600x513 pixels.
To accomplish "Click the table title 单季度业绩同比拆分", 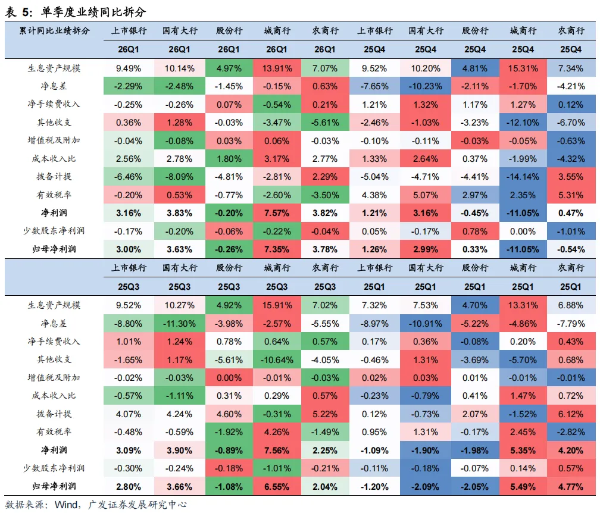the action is [x=93, y=12].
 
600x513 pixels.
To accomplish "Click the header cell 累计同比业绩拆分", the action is [x=54, y=30].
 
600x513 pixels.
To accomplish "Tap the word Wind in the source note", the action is [x=66, y=505].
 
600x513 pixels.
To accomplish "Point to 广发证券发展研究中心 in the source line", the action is [x=137, y=505].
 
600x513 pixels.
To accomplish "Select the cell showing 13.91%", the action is [x=277, y=68].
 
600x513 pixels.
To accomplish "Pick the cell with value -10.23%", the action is [x=425, y=86].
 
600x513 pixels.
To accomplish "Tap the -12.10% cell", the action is [x=523, y=123].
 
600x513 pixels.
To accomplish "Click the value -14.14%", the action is [x=523, y=177].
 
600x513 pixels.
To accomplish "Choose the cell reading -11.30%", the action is [x=179, y=324].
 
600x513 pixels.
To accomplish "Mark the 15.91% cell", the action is [x=277, y=305].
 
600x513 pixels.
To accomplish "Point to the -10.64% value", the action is [x=277, y=360].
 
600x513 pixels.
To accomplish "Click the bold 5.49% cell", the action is [x=523, y=487].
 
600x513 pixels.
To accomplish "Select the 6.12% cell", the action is [x=570, y=414].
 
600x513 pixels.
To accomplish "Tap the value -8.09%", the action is [x=179, y=177].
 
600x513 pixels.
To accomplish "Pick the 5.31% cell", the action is [x=570, y=195].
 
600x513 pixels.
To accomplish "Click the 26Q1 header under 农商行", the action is [x=325, y=49].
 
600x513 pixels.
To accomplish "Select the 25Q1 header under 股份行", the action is [x=475, y=286].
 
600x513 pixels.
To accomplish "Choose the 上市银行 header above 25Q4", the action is [x=375, y=30].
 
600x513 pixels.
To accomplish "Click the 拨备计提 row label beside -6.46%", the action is [x=54, y=176].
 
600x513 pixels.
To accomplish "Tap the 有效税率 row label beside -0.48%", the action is [x=54, y=431].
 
